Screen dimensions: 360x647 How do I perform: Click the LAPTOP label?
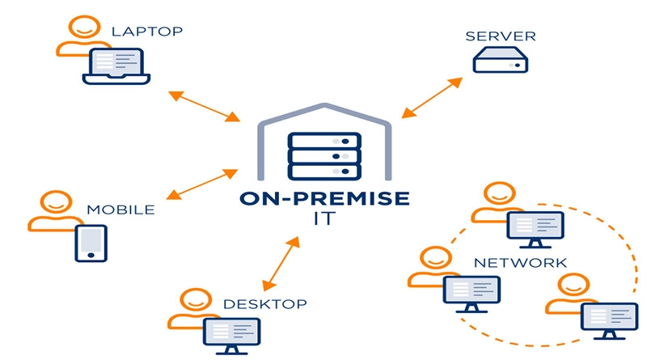(x=147, y=32)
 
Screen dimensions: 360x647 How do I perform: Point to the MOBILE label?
(x=121, y=210)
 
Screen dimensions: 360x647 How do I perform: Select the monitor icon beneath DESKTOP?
(x=231, y=334)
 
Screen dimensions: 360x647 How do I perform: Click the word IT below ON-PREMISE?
(x=323, y=219)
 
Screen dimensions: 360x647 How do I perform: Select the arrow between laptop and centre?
(x=202, y=108)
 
